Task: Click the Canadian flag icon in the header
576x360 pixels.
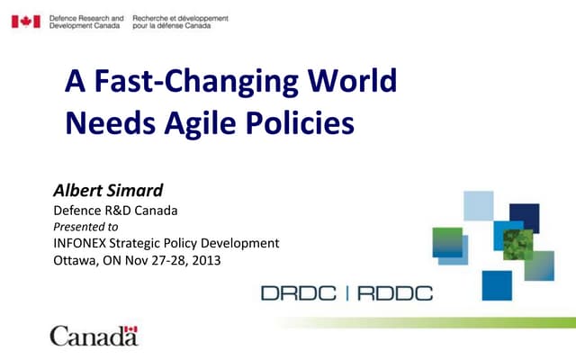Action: (x=25, y=21)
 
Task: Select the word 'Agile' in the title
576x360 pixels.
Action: (x=196, y=122)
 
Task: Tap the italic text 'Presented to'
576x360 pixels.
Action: (x=86, y=227)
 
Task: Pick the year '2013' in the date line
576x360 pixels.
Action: (x=204, y=260)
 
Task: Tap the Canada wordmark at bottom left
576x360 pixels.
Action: (x=94, y=337)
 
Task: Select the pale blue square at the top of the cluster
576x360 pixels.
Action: (x=479, y=205)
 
